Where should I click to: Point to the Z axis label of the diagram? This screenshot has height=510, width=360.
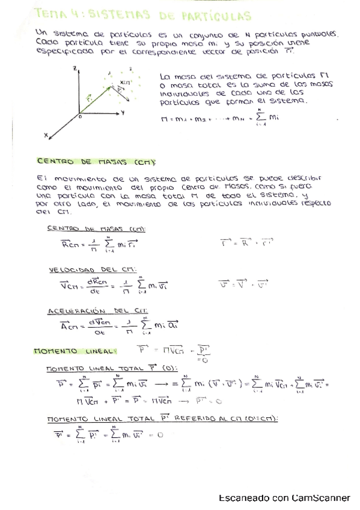coord(74,70)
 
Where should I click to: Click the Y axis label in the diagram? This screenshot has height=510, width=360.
coord(123,112)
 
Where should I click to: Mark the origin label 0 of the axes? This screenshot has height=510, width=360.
coord(78,117)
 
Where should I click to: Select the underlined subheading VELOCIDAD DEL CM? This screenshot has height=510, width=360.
coord(88,271)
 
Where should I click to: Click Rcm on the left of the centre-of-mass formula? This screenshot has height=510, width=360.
coord(58,244)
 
